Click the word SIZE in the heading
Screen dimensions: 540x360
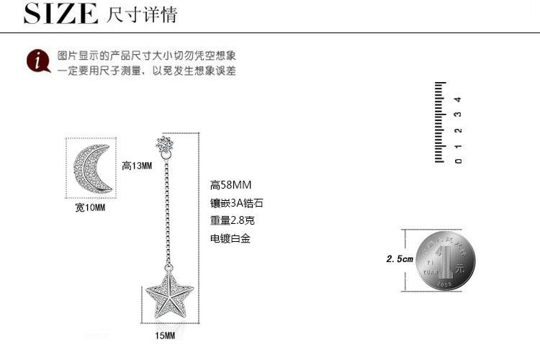click(60, 14)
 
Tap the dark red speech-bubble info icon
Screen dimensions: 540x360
click(37, 62)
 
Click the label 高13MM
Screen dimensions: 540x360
click(137, 166)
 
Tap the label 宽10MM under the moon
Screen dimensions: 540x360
click(90, 208)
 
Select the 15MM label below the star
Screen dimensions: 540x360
click(165, 336)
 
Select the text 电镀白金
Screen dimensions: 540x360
click(225, 238)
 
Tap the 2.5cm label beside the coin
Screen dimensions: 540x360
click(400, 258)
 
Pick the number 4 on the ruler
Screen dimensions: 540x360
click(458, 99)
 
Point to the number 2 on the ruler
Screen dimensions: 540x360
click(458, 130)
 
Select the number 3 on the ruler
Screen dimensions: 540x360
click(458, 114)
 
